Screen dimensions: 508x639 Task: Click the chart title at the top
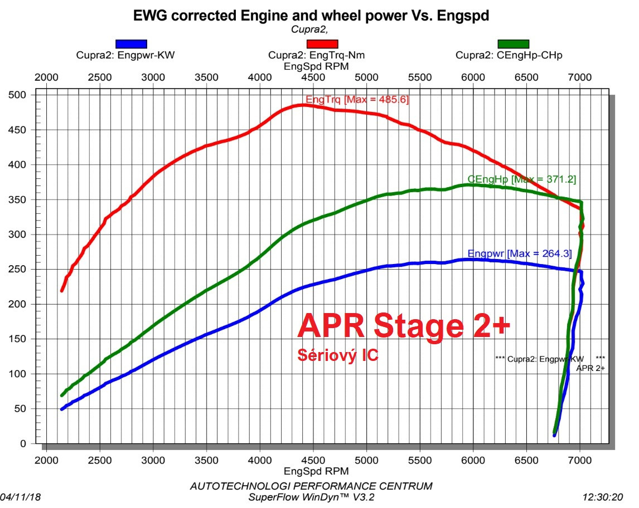(x=311, y=16)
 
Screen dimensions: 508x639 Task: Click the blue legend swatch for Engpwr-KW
(x=131, y=44)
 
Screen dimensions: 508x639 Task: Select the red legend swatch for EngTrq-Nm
(x=322, y=44)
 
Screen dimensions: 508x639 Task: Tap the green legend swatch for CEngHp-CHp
(x=513, y=44)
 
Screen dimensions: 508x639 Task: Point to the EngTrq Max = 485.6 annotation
(x=357, y=100)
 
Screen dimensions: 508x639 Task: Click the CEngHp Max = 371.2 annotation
(x=522, y=179)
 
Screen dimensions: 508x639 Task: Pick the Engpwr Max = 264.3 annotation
(x=520, y=253)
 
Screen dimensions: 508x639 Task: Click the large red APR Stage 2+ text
(x=404, y=325)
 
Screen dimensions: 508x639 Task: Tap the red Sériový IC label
(x=338, y=355)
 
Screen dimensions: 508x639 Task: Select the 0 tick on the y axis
(x=23, y=444)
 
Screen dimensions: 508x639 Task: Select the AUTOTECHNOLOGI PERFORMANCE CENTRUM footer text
(x=311, y=486)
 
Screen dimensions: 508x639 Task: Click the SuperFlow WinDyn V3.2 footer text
(x=311, y=496)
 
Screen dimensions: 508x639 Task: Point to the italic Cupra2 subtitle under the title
(x=309, y=29)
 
